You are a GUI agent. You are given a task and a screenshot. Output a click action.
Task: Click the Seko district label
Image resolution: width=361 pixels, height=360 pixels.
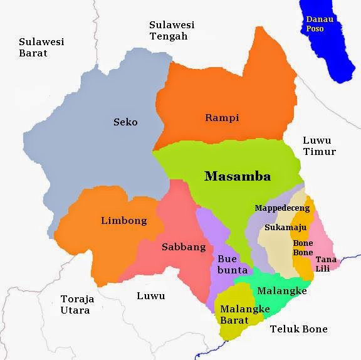[x=125, y=122]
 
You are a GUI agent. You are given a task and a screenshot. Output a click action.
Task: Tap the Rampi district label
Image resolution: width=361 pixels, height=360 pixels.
[x=222, y=118]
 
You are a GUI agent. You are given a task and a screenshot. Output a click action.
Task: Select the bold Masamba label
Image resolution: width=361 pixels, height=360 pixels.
[x=238, y=176]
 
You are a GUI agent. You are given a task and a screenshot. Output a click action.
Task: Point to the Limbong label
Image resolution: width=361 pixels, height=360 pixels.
[x=123, y=220]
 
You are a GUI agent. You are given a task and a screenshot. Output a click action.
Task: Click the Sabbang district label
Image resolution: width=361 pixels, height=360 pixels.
[x=184, y=246]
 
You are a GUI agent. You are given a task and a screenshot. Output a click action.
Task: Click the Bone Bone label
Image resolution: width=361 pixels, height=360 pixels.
[x=303, y=248]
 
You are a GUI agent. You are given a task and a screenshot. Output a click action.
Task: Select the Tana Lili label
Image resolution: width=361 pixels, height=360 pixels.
[x=325, y=263]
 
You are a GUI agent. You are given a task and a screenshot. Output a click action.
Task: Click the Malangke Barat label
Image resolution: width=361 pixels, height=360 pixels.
[x=241, y=314]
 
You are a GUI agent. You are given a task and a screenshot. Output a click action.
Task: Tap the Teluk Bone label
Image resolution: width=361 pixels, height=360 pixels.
[x=298, y=329]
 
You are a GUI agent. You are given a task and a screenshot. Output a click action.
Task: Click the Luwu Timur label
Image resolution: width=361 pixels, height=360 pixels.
[x=319, y=146]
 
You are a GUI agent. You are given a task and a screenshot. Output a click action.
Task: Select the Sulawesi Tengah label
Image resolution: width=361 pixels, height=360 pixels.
[x=172, y=30]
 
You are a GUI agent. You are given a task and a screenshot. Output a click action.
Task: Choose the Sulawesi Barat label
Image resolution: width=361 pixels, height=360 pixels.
[x=41, y=48]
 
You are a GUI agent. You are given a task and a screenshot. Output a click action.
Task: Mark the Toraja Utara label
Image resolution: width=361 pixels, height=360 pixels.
[x=75, y=304]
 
